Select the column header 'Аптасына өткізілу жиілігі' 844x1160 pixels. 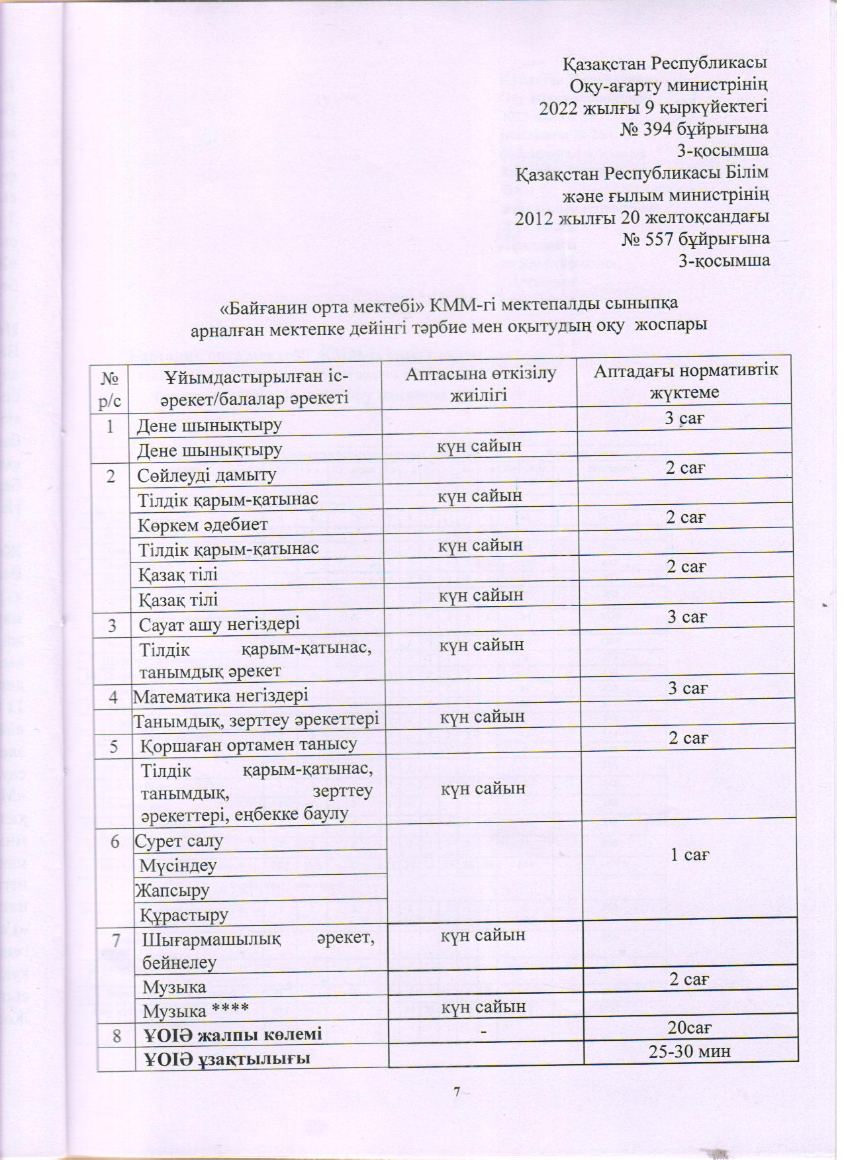(x=480, y=384)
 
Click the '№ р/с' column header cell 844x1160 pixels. (x=110, y=388)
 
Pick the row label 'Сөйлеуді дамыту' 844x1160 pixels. (x=207, y=475)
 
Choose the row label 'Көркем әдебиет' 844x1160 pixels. (x=203, y=525)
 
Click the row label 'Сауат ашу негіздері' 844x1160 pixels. (x=219, y=623)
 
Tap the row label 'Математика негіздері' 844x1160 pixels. (x=221, y=696)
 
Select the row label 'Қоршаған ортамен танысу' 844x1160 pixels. (x=248, y=744)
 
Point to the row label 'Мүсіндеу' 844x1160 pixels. (x=175, y=866)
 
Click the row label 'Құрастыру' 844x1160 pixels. (x=184, y=915)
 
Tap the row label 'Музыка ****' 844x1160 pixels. (x=195, y=1012)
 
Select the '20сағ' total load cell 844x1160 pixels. (x=690, y=1028)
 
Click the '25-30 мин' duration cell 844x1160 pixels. (x=690, y=1051)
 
